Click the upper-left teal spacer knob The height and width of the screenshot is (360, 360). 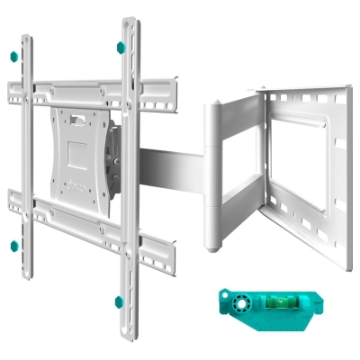pos(13,57)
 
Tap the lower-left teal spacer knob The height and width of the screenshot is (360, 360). pos(13,245)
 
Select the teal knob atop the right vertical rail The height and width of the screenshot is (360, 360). pos(118,47)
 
